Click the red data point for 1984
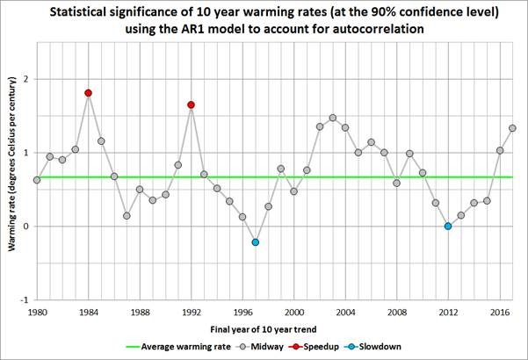pyautogui.click(x=88, y=93)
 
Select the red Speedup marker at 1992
pyautogui.click(x=191, y=105)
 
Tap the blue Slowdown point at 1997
pyautogui.click(x=255, y=242)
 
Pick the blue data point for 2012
pyautogui.click(x=448, y=227)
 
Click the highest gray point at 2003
pyautogui.click(x=332, y=118)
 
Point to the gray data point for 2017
pyautogui.click(x=512, y=128)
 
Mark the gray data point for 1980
pyautogui.click(x=37, y=180)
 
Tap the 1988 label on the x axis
pyautogui.click(x=140, y=311)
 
